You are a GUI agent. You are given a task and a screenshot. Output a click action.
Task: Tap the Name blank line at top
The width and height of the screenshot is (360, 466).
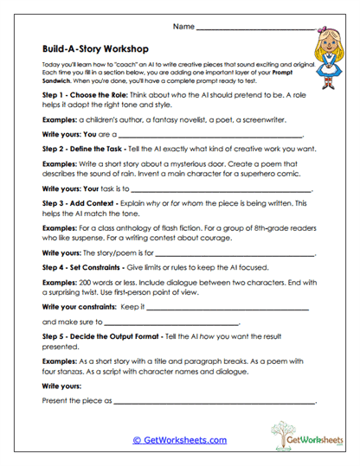[x=252, y=29]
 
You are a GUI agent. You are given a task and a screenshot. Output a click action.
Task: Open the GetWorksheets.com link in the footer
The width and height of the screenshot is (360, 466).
[x=179, y=440]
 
